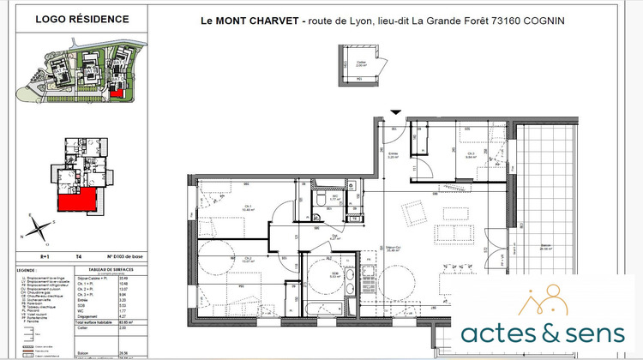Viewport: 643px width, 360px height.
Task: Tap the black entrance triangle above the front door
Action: click(395, 111)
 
